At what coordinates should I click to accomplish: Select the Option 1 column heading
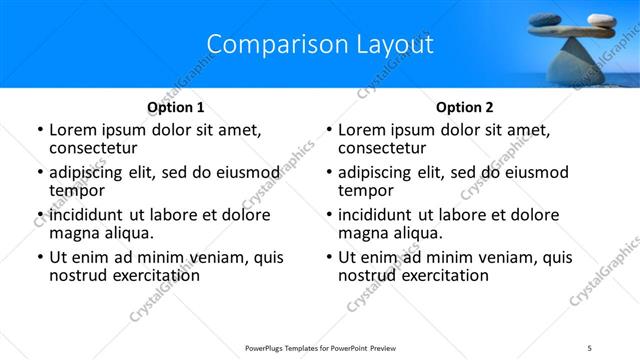(x=176, y=107)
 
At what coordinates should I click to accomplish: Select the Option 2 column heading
(x=465, y=107)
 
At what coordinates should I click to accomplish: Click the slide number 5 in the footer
(x=589, y=348)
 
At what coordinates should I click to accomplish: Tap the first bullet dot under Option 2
(x=329, y=131)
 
